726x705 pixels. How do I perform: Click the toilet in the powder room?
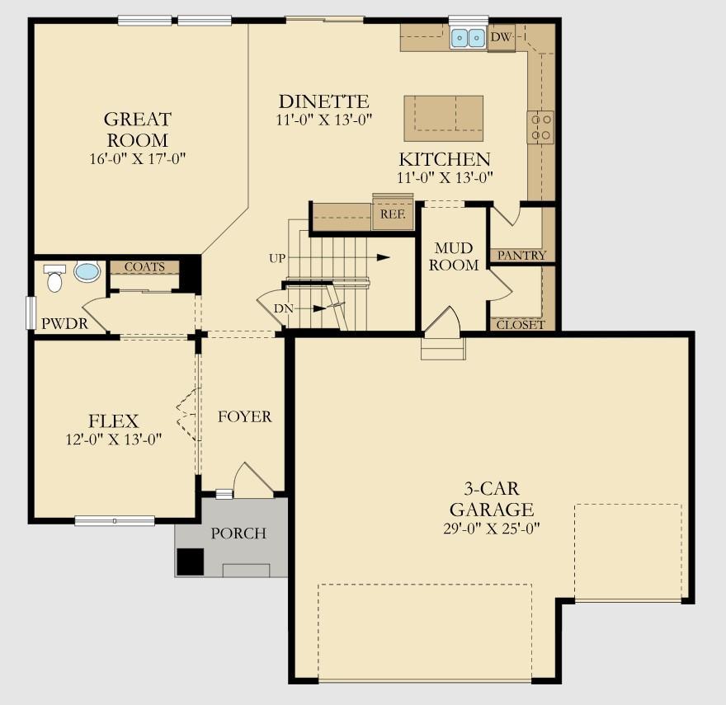tap(54, 279)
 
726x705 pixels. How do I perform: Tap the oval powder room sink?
tap(87, 271)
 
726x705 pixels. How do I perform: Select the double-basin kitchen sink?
tap(468, 38)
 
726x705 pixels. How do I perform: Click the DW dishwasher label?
tap(500, 37)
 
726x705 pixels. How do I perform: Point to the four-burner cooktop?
tap(540, 127)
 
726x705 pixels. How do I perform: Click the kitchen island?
tap(443, 118)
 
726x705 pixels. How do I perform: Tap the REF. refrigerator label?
tap(392, 214)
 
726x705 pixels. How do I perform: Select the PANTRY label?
tap(521, 256)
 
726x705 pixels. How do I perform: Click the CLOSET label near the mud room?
tap(521, 324)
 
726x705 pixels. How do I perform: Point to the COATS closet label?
tap(144, 267)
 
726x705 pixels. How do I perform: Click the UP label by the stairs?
tap(277, 258)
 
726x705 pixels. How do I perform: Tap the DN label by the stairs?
tap(283, 308)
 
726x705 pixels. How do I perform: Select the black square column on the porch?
tap(191, 562)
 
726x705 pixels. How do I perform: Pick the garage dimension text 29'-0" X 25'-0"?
tap(491, 529)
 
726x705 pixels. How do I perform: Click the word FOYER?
tap(244, 417)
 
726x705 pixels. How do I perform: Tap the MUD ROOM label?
tap(454, 256)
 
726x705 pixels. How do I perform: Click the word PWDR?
tap(64, 323)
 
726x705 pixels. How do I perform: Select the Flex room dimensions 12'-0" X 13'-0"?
tap(115, 439)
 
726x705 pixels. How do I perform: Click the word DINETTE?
tap(323, 101)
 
